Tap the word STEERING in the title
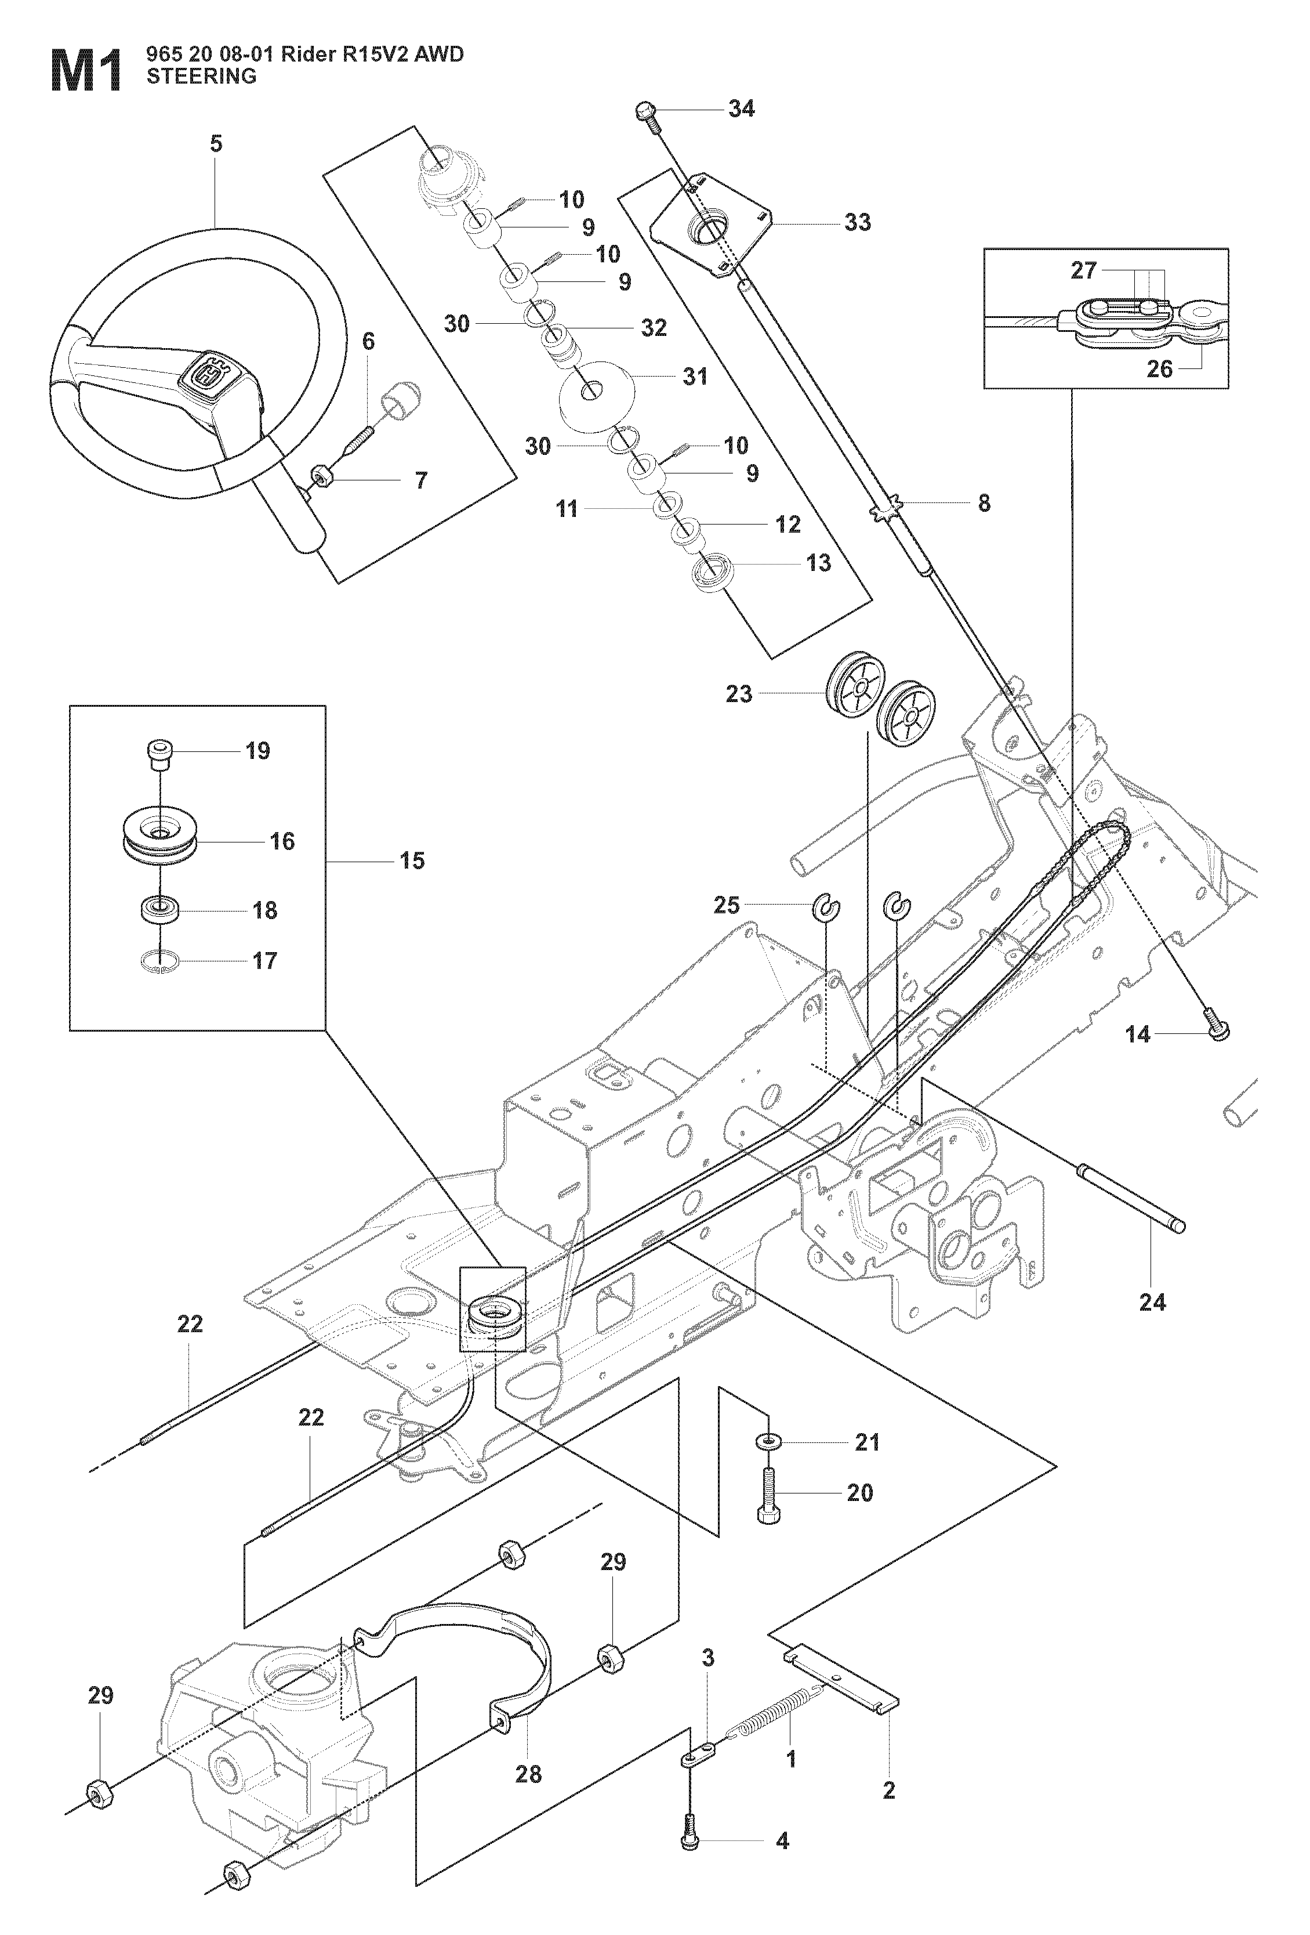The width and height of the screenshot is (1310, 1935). (x=201, y=77)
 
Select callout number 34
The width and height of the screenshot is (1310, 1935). (x=741, y=108)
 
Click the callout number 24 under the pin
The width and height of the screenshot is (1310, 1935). (x=1152, y=1302)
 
